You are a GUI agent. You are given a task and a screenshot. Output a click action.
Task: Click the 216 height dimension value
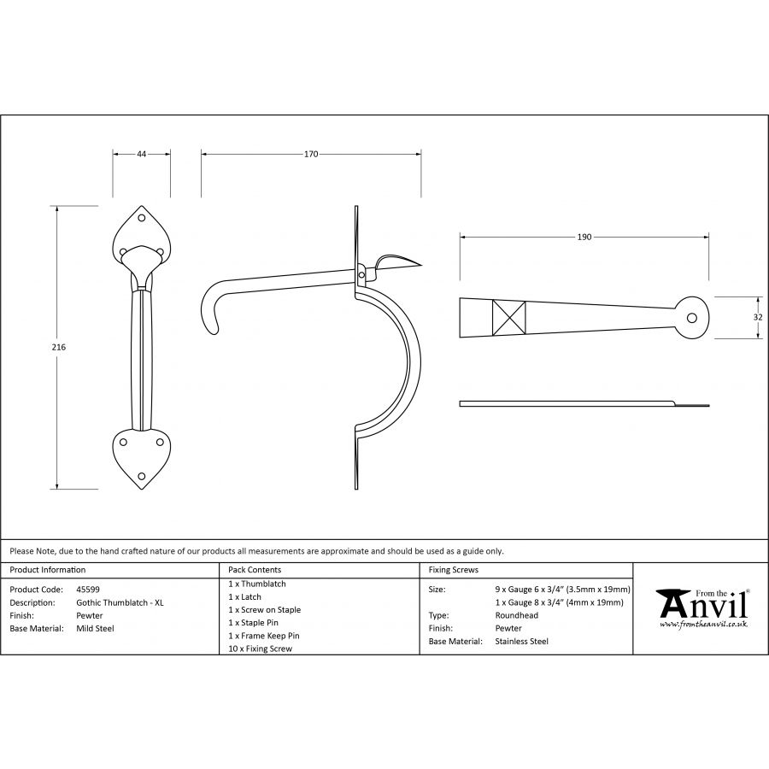click(58, 347)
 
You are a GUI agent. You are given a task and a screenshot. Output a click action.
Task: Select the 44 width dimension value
click(141, 154)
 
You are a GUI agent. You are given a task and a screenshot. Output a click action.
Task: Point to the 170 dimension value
click(311, 154)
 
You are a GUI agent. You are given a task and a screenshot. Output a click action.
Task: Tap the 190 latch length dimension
click(584, 237)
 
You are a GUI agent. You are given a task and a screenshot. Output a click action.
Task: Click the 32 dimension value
click(758, 317)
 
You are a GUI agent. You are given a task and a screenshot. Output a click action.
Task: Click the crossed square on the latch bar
click(508, 317)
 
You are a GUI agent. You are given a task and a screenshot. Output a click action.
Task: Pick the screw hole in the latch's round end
click(691, 318)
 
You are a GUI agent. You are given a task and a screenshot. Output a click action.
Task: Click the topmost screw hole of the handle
click(142, 218)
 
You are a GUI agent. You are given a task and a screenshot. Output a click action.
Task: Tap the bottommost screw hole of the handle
click(142, 476)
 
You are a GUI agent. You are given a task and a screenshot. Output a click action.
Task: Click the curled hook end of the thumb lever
click(209, 314)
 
